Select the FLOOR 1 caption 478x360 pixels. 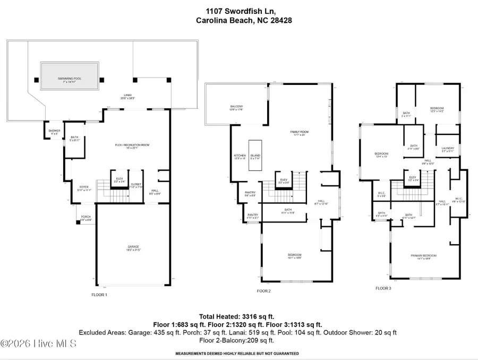[x=99, y=294]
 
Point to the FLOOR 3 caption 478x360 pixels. [x=383, y=288]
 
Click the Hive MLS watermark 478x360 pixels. [x=38, y=344]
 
